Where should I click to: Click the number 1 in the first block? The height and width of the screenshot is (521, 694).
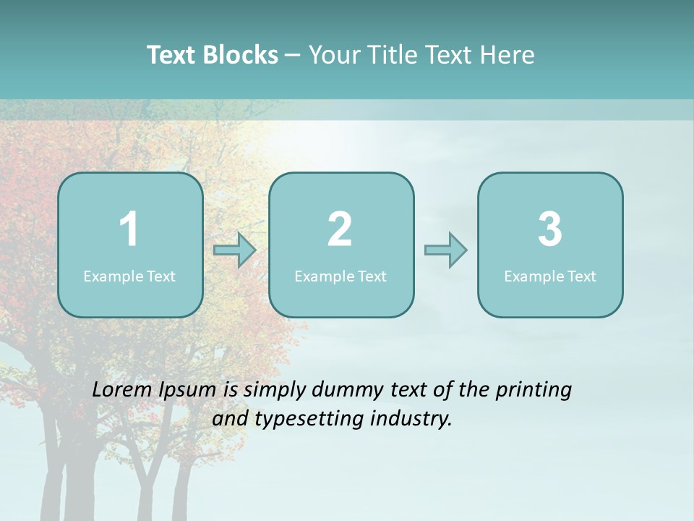click(x=129, y=229)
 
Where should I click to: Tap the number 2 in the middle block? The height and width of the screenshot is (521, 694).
click(x=340, y=229)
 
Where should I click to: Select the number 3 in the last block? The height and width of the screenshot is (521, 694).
click(x=550, y=229)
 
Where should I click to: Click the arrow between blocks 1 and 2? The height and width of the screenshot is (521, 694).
click(x=235, y=250)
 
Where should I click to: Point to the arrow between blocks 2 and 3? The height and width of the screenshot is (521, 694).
click(x=445, y=250)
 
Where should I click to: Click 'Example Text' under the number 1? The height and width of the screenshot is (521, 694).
click(x=129, y=276)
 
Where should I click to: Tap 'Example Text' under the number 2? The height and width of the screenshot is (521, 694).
click(x=340, y=276)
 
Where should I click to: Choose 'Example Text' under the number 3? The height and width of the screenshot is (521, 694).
click(x=550, y=276)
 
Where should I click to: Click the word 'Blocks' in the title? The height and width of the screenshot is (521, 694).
click(x=241, y=55)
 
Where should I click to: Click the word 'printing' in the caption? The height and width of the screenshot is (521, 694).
click(x=534, y=391)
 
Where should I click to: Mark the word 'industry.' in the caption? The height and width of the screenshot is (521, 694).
click(x=412, y=418)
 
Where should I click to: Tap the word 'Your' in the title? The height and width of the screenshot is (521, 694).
click(x=333, y=55)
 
